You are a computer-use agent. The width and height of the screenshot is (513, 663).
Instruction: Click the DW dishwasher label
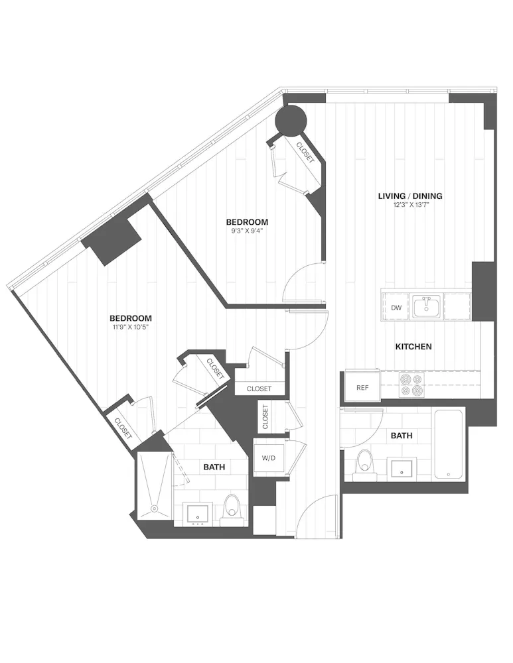[396, 308]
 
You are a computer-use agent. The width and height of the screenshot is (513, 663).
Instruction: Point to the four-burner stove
[411, 385]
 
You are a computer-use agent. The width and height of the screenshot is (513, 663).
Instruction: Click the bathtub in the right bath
[449, 444]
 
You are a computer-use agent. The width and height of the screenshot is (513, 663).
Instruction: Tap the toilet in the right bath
[364, 465]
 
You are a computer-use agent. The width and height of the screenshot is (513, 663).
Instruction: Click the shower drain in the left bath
[154, 509]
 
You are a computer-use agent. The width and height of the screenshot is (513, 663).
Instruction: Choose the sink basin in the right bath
[403, 468]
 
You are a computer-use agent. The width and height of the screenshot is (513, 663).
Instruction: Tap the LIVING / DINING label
[410, 196]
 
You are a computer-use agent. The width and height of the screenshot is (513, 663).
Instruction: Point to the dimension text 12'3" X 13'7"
[410, 206]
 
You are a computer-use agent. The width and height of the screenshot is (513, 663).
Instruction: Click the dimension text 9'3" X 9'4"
[246, 231]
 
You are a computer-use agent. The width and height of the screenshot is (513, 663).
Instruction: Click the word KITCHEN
[413, 347]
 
